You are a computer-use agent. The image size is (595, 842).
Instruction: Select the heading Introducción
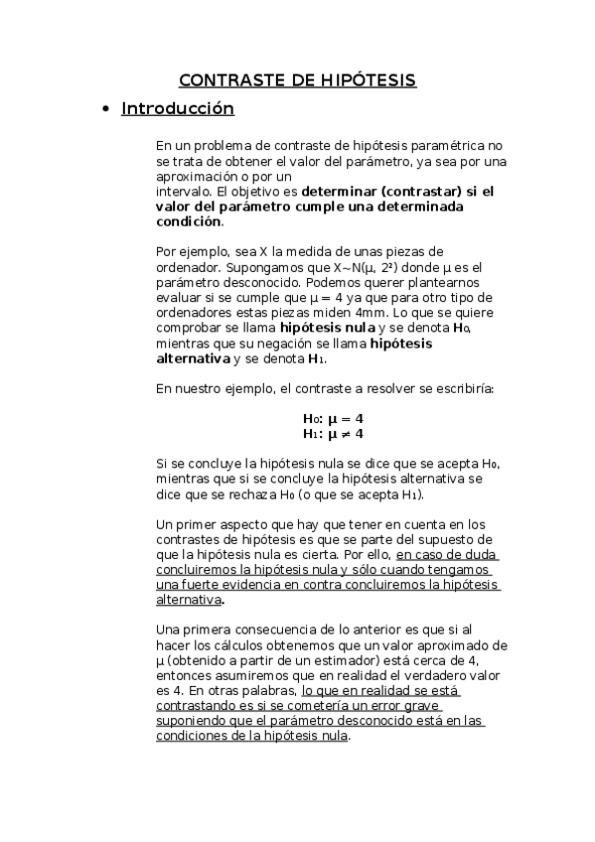(177, 108)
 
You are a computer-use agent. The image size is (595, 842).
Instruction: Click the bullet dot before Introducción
(106, 109)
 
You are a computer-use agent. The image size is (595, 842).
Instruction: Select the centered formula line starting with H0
(333, 418)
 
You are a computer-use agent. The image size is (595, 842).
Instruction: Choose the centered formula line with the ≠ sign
(333, 434)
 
